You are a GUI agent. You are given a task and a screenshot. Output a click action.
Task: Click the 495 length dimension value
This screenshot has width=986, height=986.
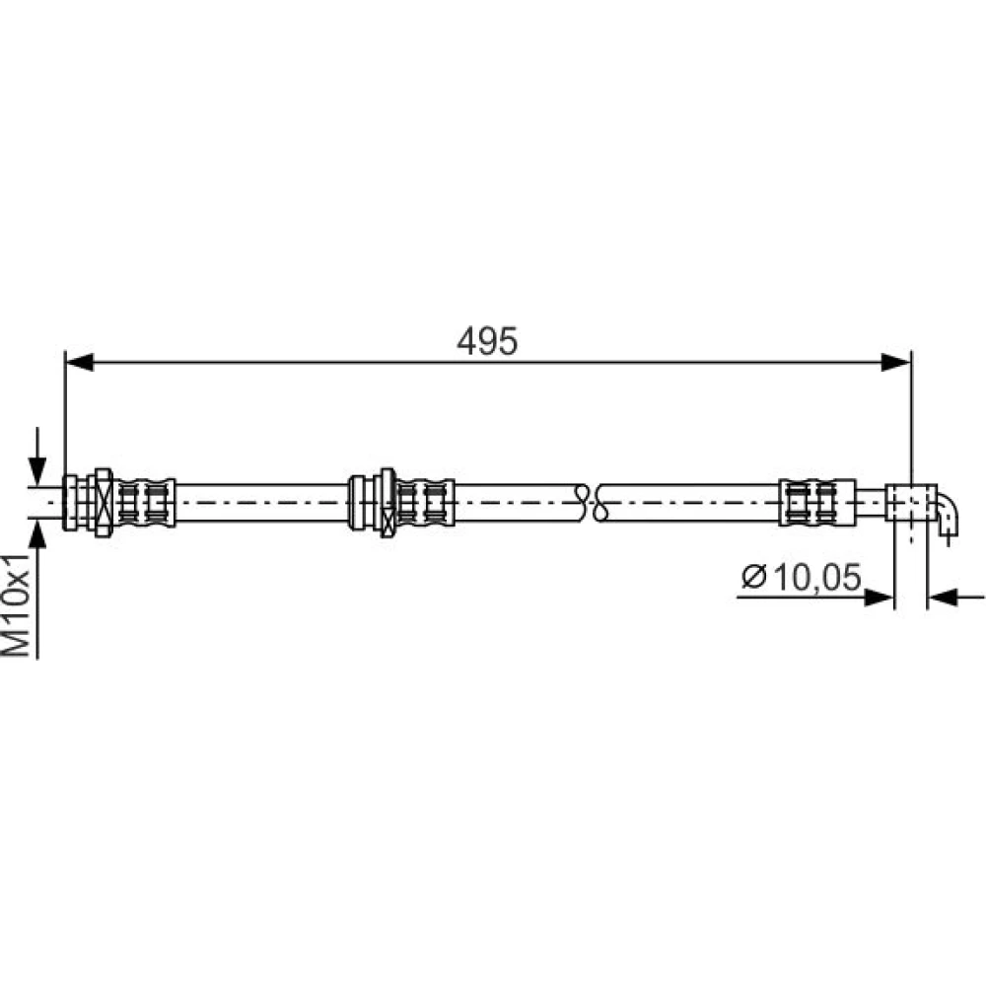coord(487,341)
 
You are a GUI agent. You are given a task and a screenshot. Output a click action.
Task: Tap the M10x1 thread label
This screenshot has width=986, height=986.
coord(17,605)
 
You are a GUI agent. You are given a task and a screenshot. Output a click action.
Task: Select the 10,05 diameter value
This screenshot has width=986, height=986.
coord(816,577)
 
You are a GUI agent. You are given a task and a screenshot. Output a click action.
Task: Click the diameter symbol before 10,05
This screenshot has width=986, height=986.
coord(754,576)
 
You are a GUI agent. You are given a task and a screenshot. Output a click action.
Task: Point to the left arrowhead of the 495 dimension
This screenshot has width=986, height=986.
coord(79,362)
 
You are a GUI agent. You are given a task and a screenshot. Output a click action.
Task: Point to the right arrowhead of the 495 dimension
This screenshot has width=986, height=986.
coord(896,362)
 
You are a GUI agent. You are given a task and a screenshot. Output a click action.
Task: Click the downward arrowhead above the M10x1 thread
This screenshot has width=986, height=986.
coord(37,470)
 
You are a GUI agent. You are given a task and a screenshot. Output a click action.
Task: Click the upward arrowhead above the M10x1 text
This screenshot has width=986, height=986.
coord(37,534)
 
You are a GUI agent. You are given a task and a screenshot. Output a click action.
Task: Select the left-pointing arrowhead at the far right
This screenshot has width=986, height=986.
coord(943,598)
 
